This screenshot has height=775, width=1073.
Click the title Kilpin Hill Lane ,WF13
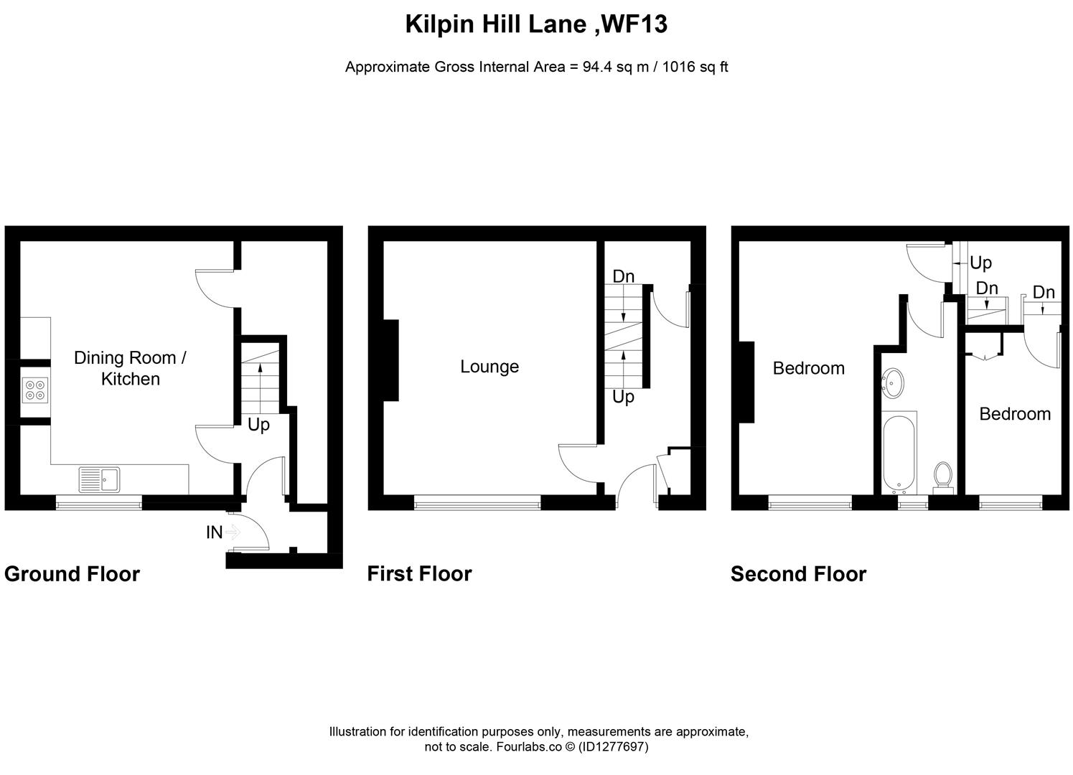tap(536, 24)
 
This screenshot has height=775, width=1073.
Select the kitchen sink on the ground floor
tap(100, 479)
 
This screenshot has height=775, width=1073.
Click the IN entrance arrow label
tap(214, 532)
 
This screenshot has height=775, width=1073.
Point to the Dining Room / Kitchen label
tap(130, 368)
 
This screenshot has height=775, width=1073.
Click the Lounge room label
tap(489, 367)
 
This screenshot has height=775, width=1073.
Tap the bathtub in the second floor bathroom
tap(898, 453)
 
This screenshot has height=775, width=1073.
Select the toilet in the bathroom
tap(943, 476)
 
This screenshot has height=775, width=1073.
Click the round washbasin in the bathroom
tap(894, 383)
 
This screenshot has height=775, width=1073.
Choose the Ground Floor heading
tap(72, 574)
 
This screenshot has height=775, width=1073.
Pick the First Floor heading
tap(419, 574)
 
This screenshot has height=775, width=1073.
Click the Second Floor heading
tap(798, 574)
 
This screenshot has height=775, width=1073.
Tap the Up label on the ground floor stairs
tap(258, 425)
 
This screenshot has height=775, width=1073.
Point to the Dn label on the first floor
tap(623, 276)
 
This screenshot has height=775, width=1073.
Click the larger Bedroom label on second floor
tap(808, 368)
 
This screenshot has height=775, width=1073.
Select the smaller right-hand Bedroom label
tap(1014, 414)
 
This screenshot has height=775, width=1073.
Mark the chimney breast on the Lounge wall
tap(391, 360)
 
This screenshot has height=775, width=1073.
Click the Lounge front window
tap(477, 504)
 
